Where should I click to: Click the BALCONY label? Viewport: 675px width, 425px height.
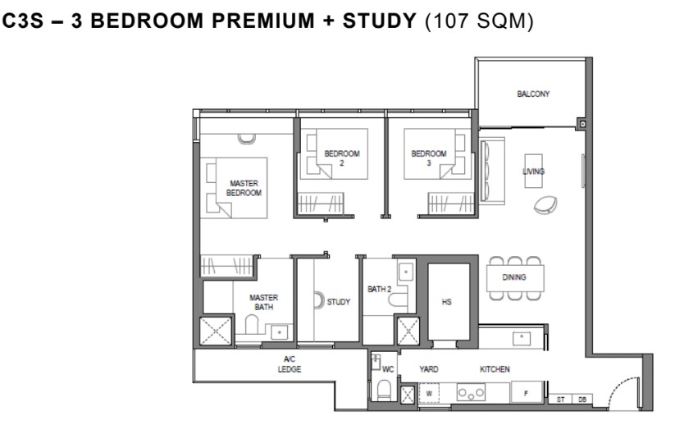pos(533,94)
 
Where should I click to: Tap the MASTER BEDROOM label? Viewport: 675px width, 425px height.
pos(244,188)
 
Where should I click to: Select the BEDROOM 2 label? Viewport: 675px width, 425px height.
pos(342,158)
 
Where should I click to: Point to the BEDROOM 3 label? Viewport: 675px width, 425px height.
pos(429,158)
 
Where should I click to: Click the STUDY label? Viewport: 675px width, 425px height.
pos(339,302)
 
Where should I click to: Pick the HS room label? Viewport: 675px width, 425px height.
pos(446,302)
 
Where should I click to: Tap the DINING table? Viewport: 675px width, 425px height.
pos(515,278)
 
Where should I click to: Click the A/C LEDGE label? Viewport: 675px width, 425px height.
pos(290,363)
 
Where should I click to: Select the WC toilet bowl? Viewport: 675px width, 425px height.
pos(384,390)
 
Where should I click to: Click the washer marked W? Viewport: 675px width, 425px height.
pos(429,393)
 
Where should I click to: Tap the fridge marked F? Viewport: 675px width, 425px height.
pos(526,392)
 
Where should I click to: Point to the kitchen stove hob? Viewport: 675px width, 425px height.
pos(471,393)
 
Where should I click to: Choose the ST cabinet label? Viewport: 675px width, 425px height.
pos(560,400)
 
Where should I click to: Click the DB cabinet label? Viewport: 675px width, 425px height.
pos(582,400)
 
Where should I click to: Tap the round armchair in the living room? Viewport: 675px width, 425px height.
pos(545,205)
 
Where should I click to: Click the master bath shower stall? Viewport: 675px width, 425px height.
pos(216,331)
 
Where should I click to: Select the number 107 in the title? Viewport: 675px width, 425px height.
pos(449,21)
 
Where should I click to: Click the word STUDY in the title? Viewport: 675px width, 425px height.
pos(379,21)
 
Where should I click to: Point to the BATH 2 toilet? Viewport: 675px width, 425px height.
pos(397,299)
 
